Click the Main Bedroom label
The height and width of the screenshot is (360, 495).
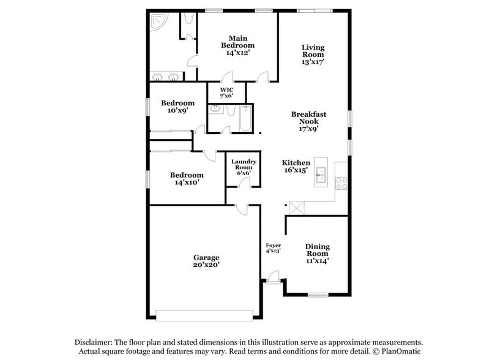click(x=238, y=45)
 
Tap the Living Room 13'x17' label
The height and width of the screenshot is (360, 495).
click(x=313, y=54)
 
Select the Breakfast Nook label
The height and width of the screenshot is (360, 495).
click(x=308, y=121)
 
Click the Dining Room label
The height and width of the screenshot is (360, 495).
click(x=318, y=253)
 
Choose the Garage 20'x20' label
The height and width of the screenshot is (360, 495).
click(x=206, y=261)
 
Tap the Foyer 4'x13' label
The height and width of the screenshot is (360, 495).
click(x=273, y=248)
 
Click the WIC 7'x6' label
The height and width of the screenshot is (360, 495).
click(x=226, y=92)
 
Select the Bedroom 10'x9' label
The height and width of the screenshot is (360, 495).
click(x=177, y=107)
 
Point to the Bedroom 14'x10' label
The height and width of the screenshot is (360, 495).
click(x=187, y=178)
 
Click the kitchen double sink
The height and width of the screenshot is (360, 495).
click(x=321, y=173)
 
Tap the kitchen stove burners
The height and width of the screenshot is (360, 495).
click(x=341, y=181)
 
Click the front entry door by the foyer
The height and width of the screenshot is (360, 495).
click(x=274, y=277)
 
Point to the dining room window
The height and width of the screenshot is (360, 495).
click(x=318, y=295)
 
